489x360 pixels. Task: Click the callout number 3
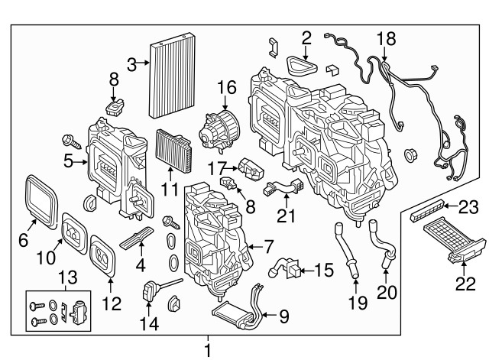(131, 65)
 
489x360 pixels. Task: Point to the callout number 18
(386, 37)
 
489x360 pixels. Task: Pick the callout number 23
(468, 206)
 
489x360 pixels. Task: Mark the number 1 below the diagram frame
(206, 349)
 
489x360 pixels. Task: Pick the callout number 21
(286, 217)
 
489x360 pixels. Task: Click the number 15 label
(324, 270)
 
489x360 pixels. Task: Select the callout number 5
(68, 161)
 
